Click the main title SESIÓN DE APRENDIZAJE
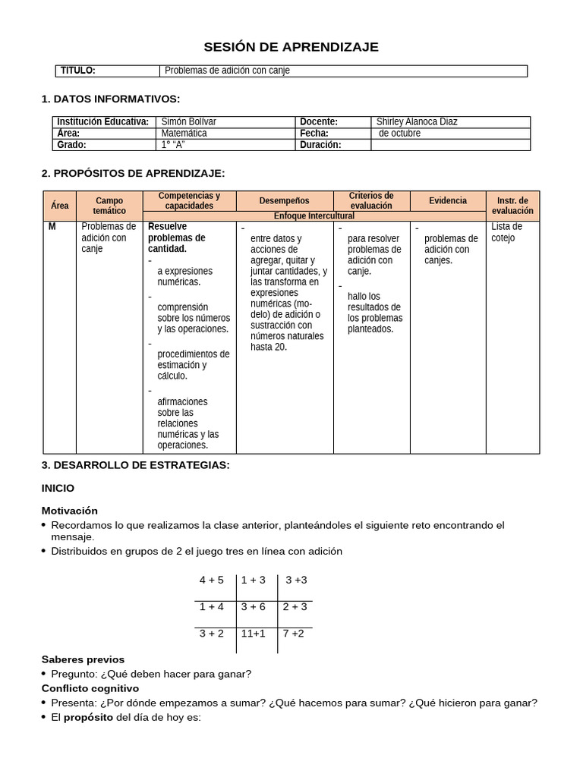[x=291, y=47]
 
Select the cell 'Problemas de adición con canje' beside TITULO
[x=227, y=71]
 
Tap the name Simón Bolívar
[x=189, y=121]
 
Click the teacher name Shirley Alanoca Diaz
[x=417, y=121]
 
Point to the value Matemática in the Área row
[x=184, y=133]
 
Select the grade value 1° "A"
[x=174, y=144]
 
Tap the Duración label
[x=320, y=144]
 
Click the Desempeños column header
[x=284, y=201]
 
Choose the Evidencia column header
[x=448, y=200]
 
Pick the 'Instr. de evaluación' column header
[x=512, y=206]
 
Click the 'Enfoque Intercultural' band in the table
[x=314, y=216]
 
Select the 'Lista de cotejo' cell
[x=506, y=232]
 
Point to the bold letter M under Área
[x=52, y=227]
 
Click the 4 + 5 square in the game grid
[x=212, y=580]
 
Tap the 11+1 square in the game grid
[x=253, y=633]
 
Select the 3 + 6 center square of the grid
[x=253, y=606]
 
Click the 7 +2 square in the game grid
[x=294, y=633]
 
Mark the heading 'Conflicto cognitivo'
[x=90, y=688]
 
